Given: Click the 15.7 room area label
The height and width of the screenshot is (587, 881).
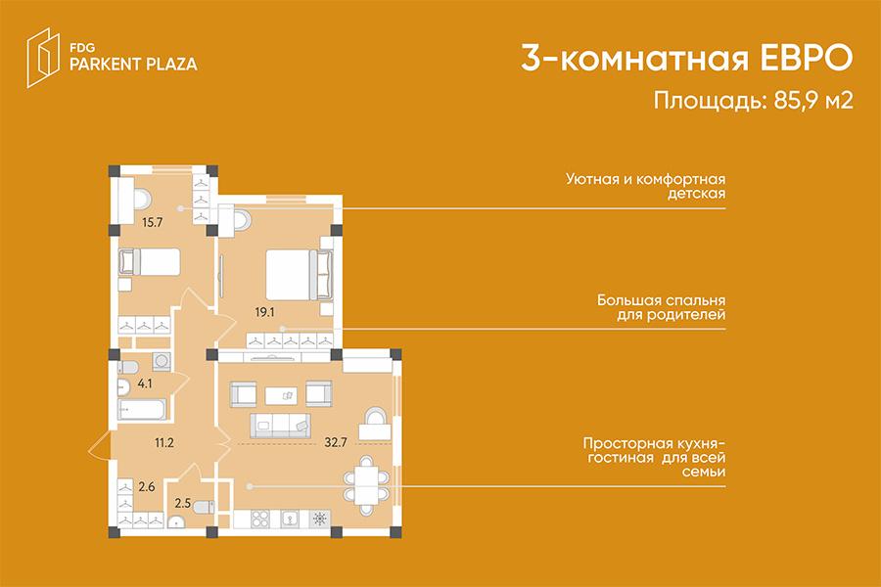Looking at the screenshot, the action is point(153,222).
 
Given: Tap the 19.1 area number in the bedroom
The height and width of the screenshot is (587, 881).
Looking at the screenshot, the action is point(264,312).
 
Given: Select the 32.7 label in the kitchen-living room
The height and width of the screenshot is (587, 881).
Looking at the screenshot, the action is point(336,442).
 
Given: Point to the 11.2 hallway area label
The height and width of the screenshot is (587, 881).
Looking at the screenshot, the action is point(164,443).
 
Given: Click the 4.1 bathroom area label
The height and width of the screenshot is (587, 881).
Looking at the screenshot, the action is point(145,384).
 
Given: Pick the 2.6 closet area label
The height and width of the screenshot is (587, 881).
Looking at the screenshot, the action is point(147,487).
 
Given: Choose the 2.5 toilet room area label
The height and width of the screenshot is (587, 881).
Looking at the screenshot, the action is point(183,503).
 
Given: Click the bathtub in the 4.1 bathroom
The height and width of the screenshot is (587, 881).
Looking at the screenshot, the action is point(142,409).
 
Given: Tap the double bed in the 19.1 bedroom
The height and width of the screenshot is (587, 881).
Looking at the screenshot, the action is point(299,274).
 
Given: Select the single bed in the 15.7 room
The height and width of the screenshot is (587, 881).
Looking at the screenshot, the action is point(150,262).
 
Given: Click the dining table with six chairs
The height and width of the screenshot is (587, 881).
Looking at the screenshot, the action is point(366,486).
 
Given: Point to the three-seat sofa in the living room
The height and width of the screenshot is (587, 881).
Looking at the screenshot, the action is point(280,426).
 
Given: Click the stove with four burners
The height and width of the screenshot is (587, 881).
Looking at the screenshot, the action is point(260,519).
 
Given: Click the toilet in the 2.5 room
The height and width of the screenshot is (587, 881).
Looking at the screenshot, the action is point(203,507).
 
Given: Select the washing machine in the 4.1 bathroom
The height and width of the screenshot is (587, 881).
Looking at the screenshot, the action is point(162,361).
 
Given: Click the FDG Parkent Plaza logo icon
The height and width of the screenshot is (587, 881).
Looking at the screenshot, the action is point(43,58).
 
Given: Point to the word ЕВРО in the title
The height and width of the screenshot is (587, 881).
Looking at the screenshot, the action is point(807,58).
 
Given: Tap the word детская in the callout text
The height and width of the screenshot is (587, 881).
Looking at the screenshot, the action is point(697,194).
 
